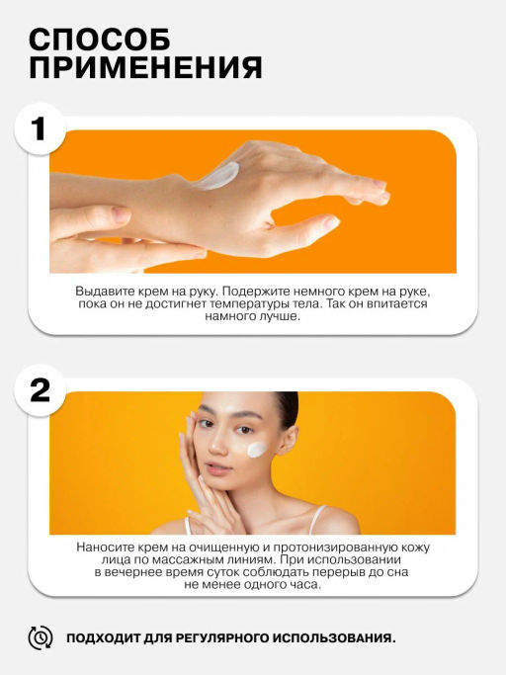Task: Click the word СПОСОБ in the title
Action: point(100,40)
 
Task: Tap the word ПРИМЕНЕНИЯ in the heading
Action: point(145,67)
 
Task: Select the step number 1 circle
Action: point(40,128)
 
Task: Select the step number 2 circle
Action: point(40,390)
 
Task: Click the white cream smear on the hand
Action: point(217,176)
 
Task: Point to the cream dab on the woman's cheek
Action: point(258,449)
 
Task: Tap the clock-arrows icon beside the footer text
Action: point(41,638)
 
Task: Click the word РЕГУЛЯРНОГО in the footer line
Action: point(223,638)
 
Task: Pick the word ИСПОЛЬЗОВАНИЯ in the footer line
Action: point(335,638)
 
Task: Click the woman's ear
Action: point(289,440)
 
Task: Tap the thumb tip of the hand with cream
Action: point(332,222)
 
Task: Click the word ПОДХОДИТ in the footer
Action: point(104,638)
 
